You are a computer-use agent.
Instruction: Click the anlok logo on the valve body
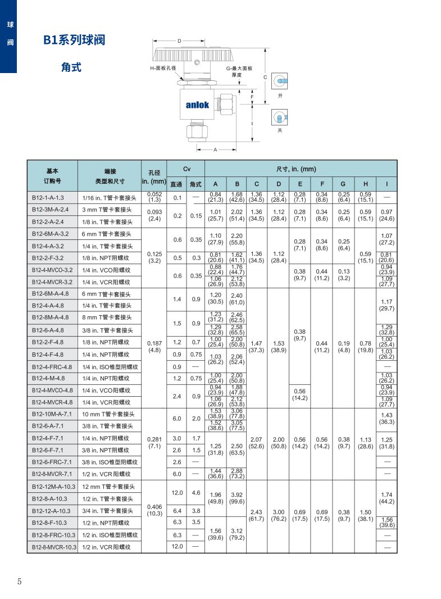point(197,105)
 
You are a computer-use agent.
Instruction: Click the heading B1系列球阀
point(74,40)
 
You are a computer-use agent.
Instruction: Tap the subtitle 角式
point(71,67)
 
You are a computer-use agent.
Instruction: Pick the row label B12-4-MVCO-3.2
point(52,270)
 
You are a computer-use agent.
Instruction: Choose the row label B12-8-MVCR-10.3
point(54,547)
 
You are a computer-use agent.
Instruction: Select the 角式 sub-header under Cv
point(196,184)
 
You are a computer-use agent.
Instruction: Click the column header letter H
point(365,184)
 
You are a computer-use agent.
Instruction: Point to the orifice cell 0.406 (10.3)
point(154,510)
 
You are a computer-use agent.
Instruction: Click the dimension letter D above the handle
point(179,41)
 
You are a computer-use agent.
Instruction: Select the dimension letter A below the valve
point(215,150)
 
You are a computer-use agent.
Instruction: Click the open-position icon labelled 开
point(279,81)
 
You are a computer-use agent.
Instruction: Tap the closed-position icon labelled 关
point(279,117)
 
